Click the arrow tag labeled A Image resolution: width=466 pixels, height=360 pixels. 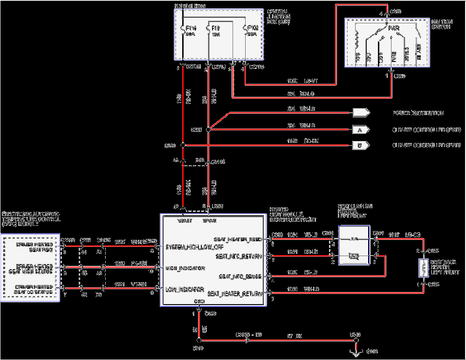361,129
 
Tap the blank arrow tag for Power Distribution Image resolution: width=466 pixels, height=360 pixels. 361,113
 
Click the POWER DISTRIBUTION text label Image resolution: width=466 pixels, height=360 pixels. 418,113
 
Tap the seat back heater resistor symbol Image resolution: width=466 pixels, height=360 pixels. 424,268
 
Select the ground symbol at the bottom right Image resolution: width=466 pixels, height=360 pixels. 356,352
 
